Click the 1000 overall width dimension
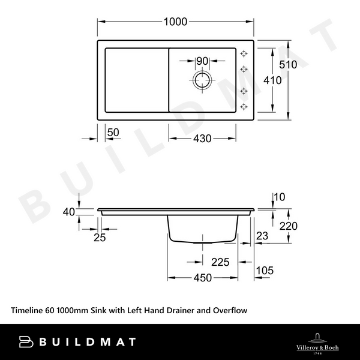pos(176,22)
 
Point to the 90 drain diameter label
pos(202,61)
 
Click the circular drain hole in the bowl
pos(202,80)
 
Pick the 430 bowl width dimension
pos(202,139)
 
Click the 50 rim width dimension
pos(112,131)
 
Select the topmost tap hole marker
pos(244,53)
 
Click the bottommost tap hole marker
pos(244,107)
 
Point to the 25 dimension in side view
pos(100,238)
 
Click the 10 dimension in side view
pos(279,197)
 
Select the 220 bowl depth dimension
pos(288,226)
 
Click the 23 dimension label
pos(262,237)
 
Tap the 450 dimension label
pos(202,277)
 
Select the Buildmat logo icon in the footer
pos(28,342)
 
